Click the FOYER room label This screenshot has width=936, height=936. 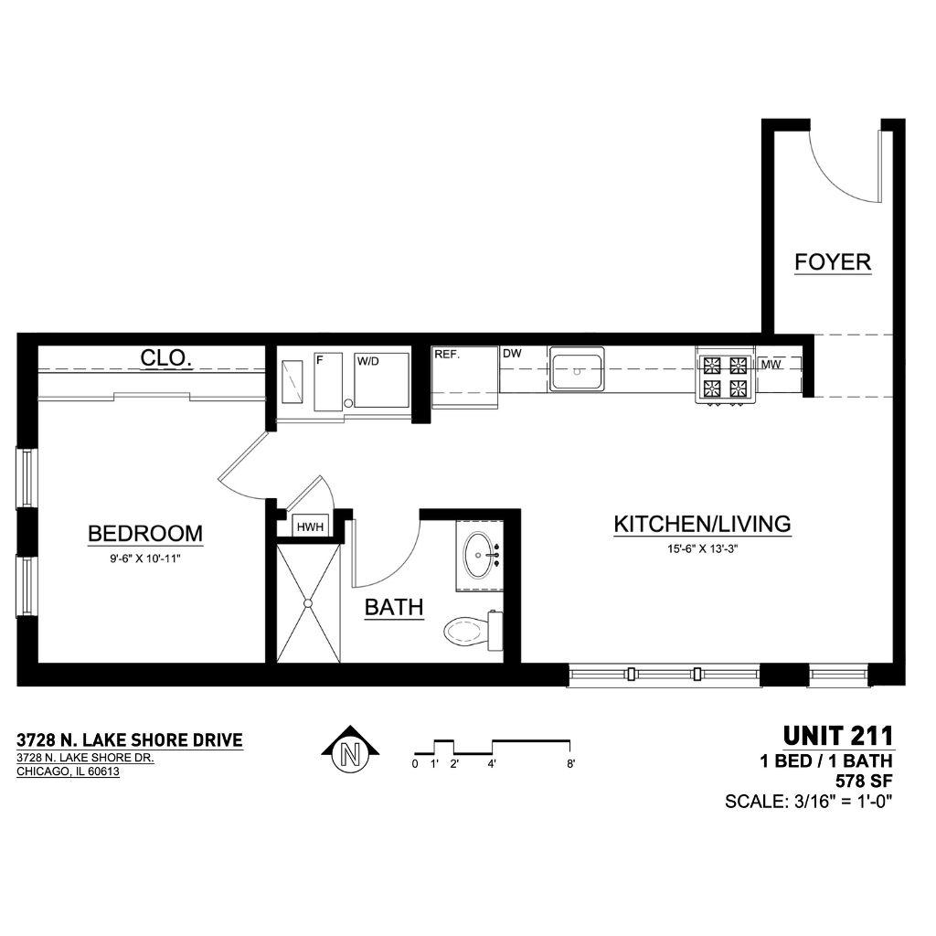click(833, 262)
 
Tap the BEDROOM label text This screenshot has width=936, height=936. click(145, 533)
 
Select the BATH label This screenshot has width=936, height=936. click(394, 607)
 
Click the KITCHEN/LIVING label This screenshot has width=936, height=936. click(703, 524)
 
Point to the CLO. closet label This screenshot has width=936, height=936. click(166, 358)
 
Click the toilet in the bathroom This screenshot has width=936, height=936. click(474, 631)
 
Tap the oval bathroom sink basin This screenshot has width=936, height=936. click(479, 555)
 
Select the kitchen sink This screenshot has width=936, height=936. click(577, 370)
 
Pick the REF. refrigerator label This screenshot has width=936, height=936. click(447, 354)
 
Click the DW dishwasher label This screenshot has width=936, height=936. click(512, 354)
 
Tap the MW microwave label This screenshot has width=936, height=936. click(771, 365)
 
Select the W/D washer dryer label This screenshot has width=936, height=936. click(367, 361)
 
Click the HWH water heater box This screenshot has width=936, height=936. click(310, 527)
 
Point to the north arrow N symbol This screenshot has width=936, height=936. click(351, 750)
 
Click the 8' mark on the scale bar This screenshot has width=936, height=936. click(570, 764)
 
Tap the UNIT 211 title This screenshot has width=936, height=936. click(838, 736)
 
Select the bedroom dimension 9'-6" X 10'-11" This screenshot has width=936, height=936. click(145, 559)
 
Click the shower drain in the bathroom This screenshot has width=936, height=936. click(308, 603)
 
